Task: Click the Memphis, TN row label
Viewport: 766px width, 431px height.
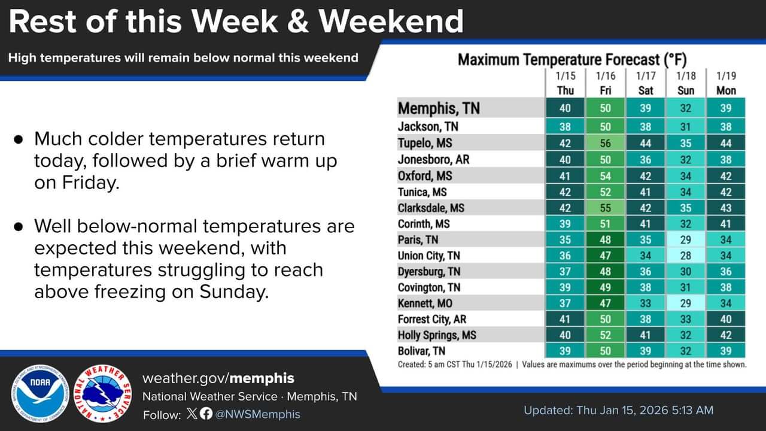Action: (439, 108)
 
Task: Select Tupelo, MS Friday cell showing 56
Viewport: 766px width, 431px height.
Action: (606, 144)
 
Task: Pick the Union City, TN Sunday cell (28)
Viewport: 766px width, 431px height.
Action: (686, 256)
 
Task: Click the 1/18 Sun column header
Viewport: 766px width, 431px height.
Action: (686, 83)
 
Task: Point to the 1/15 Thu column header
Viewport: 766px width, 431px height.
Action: (565, 83)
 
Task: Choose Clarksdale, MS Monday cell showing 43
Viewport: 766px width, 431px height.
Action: (726, 208)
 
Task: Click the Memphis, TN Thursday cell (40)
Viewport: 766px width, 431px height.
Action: (565, 108)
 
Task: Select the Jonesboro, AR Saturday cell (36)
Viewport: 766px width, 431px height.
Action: (646, 160)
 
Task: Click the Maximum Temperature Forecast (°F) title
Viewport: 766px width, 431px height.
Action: (572, 59)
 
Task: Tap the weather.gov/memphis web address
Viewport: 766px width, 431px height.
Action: (218, 378)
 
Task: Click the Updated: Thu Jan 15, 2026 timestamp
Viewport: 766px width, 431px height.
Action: (618, 410)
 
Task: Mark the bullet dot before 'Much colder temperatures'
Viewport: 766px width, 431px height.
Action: (19, 139)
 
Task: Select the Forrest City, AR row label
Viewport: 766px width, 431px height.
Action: (431, 319)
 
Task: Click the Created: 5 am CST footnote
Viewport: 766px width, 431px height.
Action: (455, 364)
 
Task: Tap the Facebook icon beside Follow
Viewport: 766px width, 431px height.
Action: (206, 414)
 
